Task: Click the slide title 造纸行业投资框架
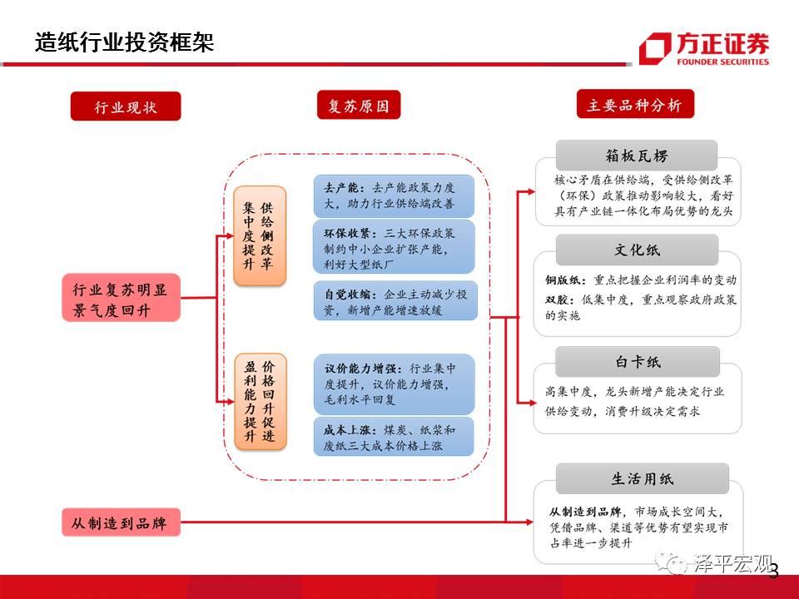click(x=125, y=42)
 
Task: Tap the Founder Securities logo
click(x=703, y=48)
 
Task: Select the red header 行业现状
click(x=126, y=106)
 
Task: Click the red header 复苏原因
click(x=359, y=106)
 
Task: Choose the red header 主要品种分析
click(x=634, y=105)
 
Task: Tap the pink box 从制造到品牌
click(x=121, y=522)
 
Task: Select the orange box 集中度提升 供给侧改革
click(x=259, y=235)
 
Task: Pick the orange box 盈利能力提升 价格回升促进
click(x=259, y=403)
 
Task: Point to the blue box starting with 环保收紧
click(x=395, y=246)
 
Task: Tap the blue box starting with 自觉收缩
click(x=395, y=301)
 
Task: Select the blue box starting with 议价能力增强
click(x=395, y=384)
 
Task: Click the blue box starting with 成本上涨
click(x=395, y=438)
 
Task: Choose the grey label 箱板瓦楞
click(x=637, y=156)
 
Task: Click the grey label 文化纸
click(x=637, y=250)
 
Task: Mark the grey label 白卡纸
click(x=637, y=362)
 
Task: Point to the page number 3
click(x=774, y=572)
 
